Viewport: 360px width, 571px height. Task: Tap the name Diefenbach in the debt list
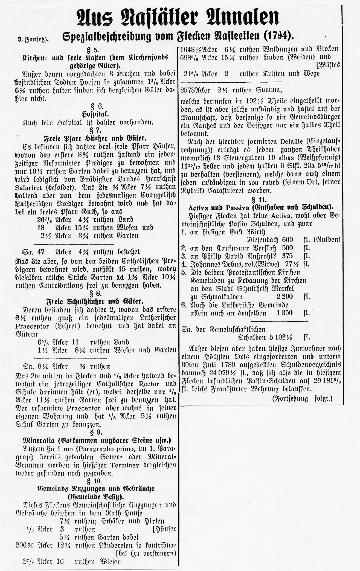point(263,240)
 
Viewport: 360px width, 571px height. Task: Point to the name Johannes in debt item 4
point(201,264)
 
